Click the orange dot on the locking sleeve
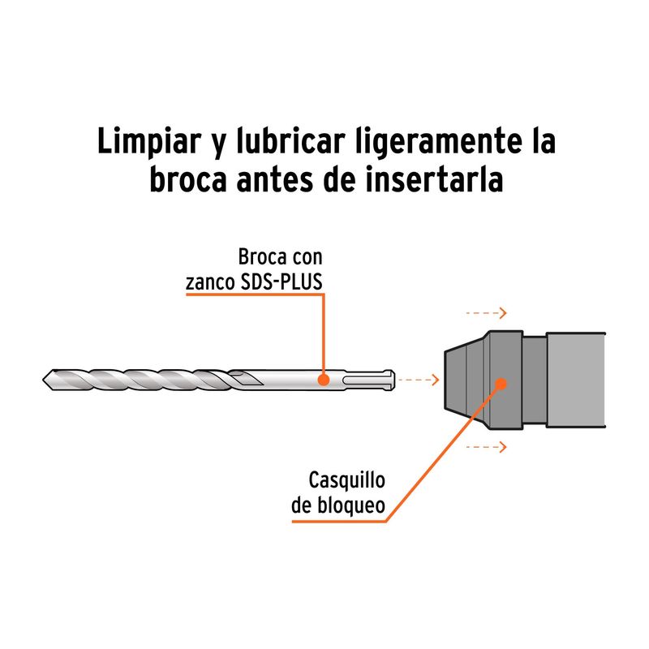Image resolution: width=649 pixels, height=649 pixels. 501,382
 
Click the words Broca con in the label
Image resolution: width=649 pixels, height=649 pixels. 280,258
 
